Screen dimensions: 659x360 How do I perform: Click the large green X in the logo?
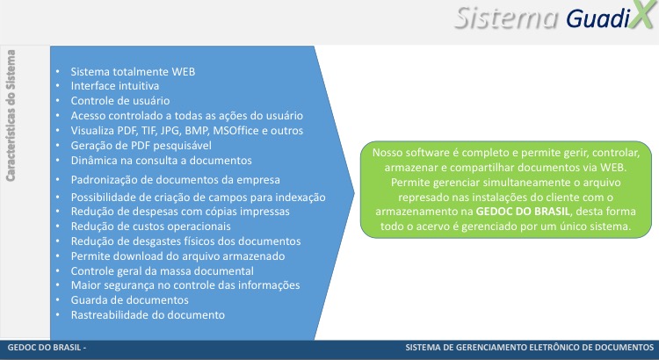pos(643,15)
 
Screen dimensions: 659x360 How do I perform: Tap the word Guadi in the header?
pos(597,18)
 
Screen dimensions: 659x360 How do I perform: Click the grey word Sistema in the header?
pos(506,18)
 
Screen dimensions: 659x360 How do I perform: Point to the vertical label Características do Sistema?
pos(11,116)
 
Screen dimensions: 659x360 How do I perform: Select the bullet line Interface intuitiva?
pos(115,86)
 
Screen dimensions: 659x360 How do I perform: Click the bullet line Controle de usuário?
pos(120,101)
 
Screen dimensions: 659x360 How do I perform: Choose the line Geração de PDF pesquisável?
pos(141,146)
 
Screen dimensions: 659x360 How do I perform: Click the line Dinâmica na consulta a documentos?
pos(161,160)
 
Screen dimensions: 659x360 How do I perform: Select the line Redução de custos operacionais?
pos(150,226)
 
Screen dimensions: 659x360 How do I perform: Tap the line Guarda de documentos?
pos(129,300)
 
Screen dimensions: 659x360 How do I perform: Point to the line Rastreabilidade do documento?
pos(148,314)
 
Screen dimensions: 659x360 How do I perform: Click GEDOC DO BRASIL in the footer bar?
pos(44,348)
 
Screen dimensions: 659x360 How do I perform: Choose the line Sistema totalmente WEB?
pos(133,71)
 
